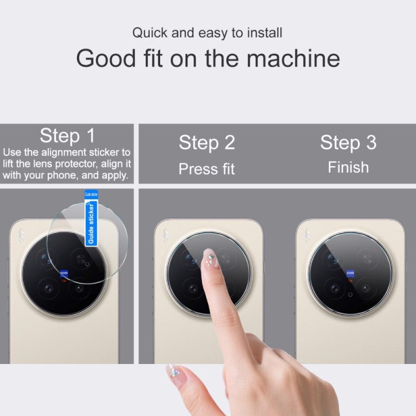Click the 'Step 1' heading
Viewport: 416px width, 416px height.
click(x=67, y=136)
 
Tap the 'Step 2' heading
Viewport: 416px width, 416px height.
click(x=206, y=142)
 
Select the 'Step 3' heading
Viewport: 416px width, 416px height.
click(x=348, y=142)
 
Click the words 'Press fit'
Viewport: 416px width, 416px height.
click(x=206, y=169)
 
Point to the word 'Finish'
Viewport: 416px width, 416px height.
click(x=348, y=167)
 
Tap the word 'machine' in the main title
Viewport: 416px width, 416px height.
click(x=294, y=58)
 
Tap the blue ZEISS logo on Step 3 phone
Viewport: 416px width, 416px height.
click(x=350, y=272)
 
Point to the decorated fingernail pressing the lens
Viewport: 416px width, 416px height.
click(x=210, y=258)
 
